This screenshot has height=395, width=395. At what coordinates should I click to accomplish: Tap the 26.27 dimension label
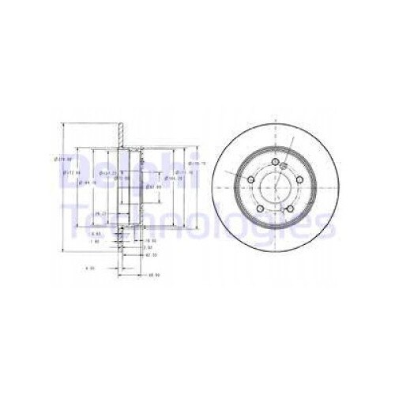tap(100, 215)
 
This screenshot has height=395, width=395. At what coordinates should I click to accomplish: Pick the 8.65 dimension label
tap(96, 234)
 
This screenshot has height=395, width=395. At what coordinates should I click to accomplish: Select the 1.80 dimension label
tap(96, 243)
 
